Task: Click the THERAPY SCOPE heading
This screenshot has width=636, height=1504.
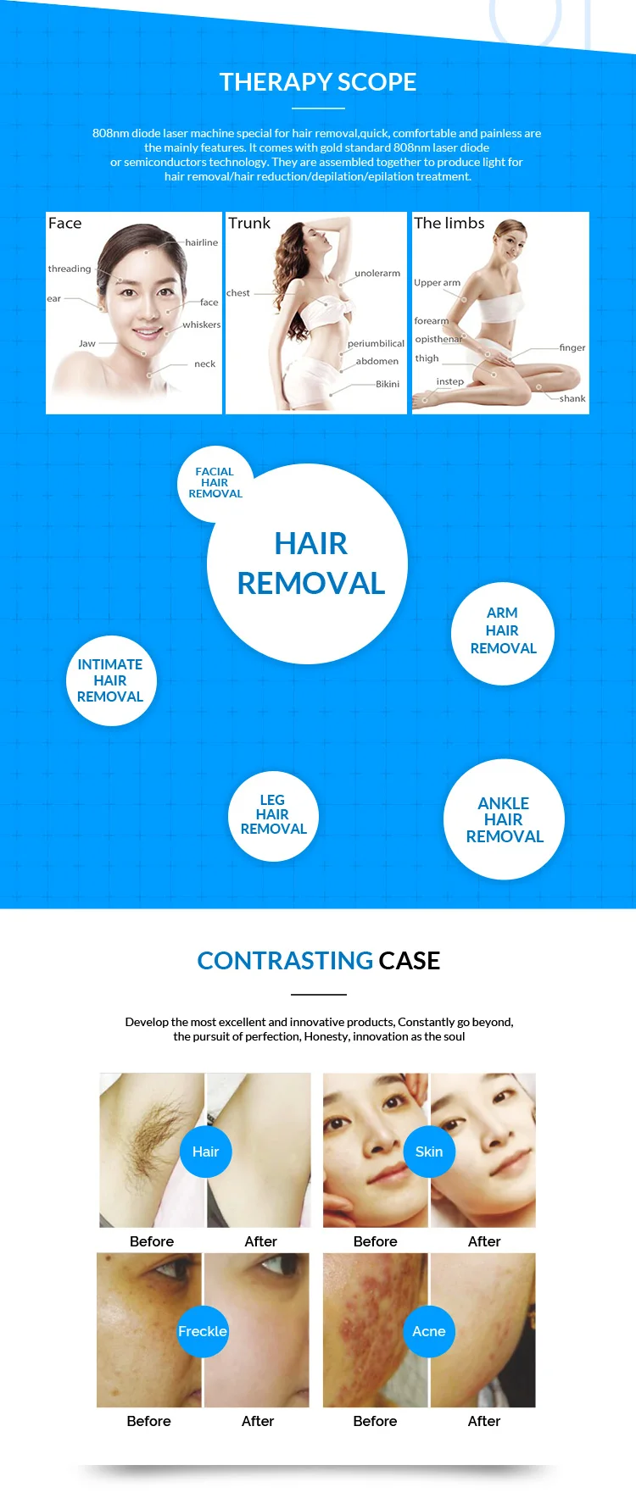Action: point(318,82)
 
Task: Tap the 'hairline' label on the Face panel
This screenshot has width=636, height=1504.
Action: point(202,242)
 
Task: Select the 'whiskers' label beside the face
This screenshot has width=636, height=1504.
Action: point(202,325)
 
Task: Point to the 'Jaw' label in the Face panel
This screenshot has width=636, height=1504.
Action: point(87,343)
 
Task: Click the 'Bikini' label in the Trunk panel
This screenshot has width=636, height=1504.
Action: point(388,384)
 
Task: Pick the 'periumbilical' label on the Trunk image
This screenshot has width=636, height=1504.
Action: point(376,343)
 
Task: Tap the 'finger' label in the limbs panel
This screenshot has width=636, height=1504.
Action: point(572,347)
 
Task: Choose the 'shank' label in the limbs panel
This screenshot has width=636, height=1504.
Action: point(572,398)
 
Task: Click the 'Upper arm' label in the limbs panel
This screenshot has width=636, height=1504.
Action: point(438,283)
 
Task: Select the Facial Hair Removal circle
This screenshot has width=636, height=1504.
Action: point(215,483)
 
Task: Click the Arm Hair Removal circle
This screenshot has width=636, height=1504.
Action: point(503,631)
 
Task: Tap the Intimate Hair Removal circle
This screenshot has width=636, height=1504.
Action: point(111,680)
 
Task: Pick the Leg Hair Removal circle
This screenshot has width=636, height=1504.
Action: point(273,815)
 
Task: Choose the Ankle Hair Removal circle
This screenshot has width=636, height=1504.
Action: point(504,819)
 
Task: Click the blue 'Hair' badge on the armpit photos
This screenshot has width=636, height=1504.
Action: point(205,1152)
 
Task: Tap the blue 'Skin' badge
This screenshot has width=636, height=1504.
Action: point(429,1152)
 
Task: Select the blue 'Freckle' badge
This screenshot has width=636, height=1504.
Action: point(203,1331)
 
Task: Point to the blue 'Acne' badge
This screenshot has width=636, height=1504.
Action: point(429,1331)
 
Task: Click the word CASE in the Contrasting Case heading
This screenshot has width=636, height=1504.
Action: point(410,961)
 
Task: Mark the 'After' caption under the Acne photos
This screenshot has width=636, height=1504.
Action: point(484,1421)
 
